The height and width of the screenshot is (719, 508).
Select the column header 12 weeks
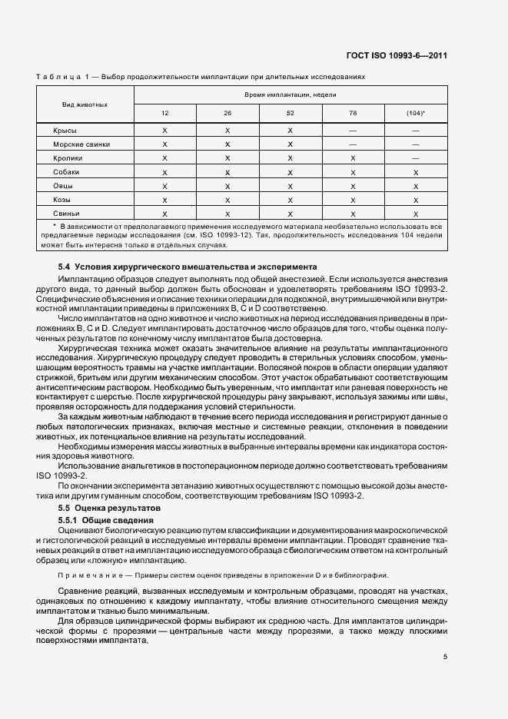coord(165,114)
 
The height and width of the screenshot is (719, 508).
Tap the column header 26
coord(227,114)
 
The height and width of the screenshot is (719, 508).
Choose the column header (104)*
coord(416,114)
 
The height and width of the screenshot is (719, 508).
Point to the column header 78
coord(353,114)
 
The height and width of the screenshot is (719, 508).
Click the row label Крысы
coord(65,131)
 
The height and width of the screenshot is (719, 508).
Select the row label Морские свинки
coord(81,144)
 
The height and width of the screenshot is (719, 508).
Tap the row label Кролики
coord(68,158)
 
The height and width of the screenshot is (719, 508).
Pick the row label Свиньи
coord(67,213)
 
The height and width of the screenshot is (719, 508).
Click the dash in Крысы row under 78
coord(353,131)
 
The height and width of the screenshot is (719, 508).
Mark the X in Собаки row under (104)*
coord(416,172)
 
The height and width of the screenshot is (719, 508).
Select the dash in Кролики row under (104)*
coord(416,158)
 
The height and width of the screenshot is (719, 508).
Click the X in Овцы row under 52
coord(291,186)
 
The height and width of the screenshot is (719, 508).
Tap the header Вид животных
coord(85,104)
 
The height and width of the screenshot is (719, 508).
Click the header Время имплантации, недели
coord(291,94)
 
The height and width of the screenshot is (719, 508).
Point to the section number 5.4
coord(65,266)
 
